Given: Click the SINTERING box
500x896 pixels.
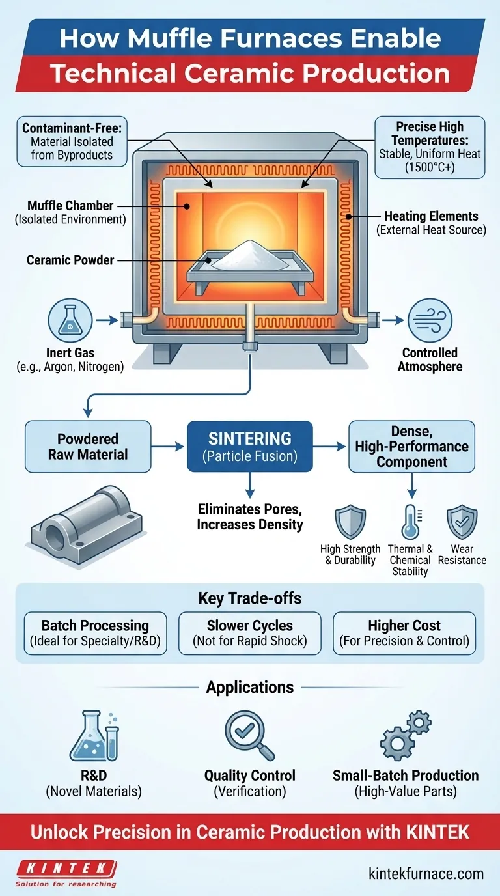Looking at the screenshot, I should coord(250,446).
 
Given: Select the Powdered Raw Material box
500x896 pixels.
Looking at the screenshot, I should coord(88,446).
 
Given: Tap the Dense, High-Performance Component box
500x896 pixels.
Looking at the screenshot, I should coord(411,446).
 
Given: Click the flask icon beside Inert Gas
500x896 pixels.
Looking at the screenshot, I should coord(68,320).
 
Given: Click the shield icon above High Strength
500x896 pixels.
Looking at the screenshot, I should coord(350,522).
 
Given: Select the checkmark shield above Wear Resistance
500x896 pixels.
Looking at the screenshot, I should coord(462,522).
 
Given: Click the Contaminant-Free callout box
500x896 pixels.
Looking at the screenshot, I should coord(72,141).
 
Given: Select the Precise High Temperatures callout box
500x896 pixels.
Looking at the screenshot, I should coord(430,147).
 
